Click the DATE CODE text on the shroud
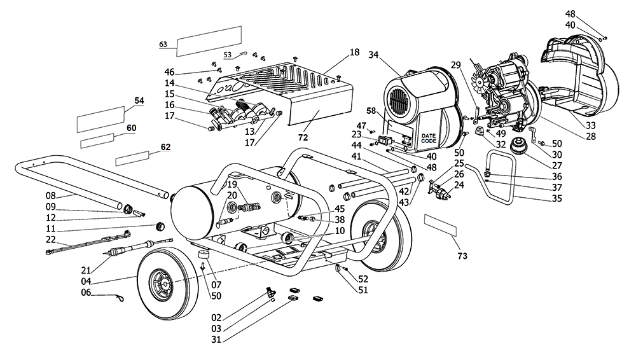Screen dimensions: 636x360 coord(428,139)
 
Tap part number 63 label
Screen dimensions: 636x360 coord(163,45)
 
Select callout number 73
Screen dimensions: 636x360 coord(462,256)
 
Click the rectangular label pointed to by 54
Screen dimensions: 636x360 coord(100,120)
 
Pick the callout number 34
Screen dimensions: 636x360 coord(373,55)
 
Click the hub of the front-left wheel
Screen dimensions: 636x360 coord(162,281)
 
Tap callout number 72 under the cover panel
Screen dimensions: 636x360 coord(303,137)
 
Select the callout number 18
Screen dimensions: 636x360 coord(354,52)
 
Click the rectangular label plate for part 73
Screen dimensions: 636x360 coord(441,226)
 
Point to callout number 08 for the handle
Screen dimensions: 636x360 coord(51,196)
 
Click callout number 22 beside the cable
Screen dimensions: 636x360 coord(51,239)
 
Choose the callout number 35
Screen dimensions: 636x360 coord(557,198)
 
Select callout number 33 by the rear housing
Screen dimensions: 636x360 coord(591,125)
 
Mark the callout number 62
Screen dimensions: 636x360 coord(165,147)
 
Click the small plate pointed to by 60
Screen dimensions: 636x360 coord(97,141)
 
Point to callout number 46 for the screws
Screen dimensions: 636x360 coord(169,73)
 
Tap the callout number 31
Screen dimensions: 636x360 coord(216,339)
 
